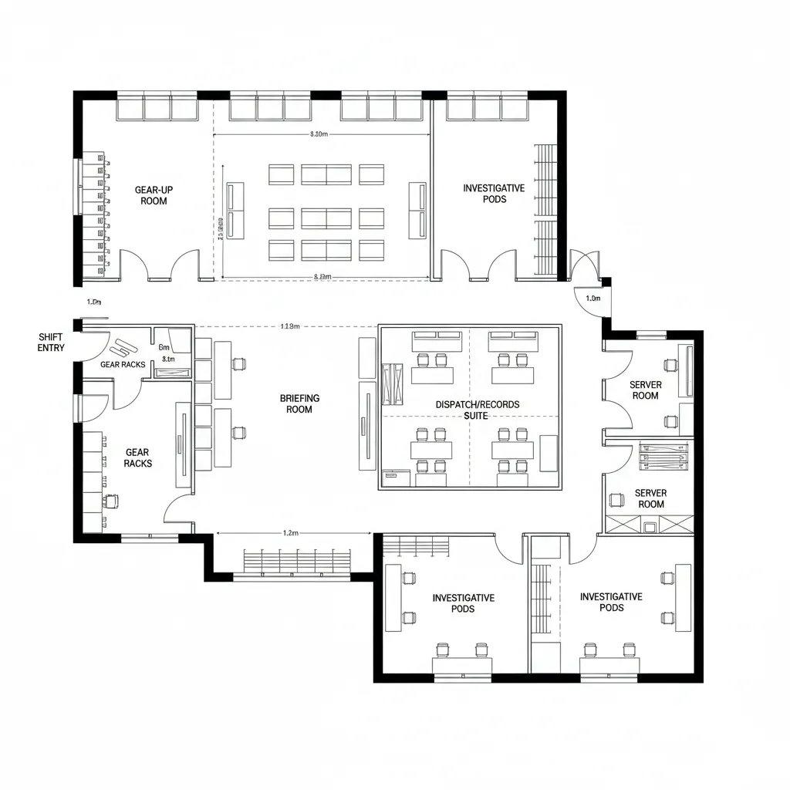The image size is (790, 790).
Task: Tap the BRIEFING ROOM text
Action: coord(299,403)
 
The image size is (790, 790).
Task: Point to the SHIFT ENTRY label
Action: coord(52,343)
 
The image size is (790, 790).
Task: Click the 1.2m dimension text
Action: coord(291,532)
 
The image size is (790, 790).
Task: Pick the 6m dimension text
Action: coord(164,347)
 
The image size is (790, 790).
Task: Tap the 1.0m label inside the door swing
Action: coord(592,298)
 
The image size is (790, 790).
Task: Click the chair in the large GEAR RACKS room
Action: coord(113,500)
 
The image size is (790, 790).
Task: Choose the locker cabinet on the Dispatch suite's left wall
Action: coord(392,382)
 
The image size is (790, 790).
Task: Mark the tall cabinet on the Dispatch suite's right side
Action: coord(548,453)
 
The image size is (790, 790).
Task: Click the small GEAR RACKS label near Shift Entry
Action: coord(123,364)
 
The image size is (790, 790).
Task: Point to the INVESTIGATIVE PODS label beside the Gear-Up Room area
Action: coord(494,194)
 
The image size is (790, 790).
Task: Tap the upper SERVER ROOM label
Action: coord(645,390)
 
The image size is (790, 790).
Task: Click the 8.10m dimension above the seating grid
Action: coord(318,134)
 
